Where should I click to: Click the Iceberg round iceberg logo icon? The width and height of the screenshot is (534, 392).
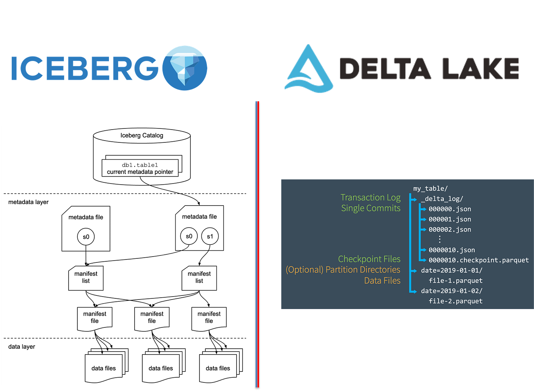[184, 68]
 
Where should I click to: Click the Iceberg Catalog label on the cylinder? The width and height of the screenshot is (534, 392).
[142, 135]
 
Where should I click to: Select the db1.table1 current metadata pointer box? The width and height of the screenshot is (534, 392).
[140, 168]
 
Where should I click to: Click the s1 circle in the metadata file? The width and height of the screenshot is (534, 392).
[210, 236]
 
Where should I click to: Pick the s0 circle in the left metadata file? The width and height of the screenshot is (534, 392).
[86, 237]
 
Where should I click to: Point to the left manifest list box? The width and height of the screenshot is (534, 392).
[86, 277]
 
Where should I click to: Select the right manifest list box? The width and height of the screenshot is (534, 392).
[199, 277]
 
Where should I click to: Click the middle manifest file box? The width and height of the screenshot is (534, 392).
[152, 317]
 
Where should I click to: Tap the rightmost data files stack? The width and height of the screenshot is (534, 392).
[219, 367]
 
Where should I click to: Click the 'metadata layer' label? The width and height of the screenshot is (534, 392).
[28, 202]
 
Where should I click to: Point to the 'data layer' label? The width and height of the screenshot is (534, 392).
[22, 346]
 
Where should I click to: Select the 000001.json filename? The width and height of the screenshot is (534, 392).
[450, 219]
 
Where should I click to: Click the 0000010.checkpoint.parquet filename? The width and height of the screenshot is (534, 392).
[479, 260]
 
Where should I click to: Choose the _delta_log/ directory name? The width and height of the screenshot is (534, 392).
[442, 199]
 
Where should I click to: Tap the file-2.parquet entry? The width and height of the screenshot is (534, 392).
[456, 301]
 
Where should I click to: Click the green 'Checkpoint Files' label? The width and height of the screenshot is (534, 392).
[369, 259]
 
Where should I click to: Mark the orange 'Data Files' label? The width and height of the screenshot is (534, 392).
[382, 280]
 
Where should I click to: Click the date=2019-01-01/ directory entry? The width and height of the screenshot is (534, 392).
[451, 271]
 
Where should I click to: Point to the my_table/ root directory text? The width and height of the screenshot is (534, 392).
[430, 189]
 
